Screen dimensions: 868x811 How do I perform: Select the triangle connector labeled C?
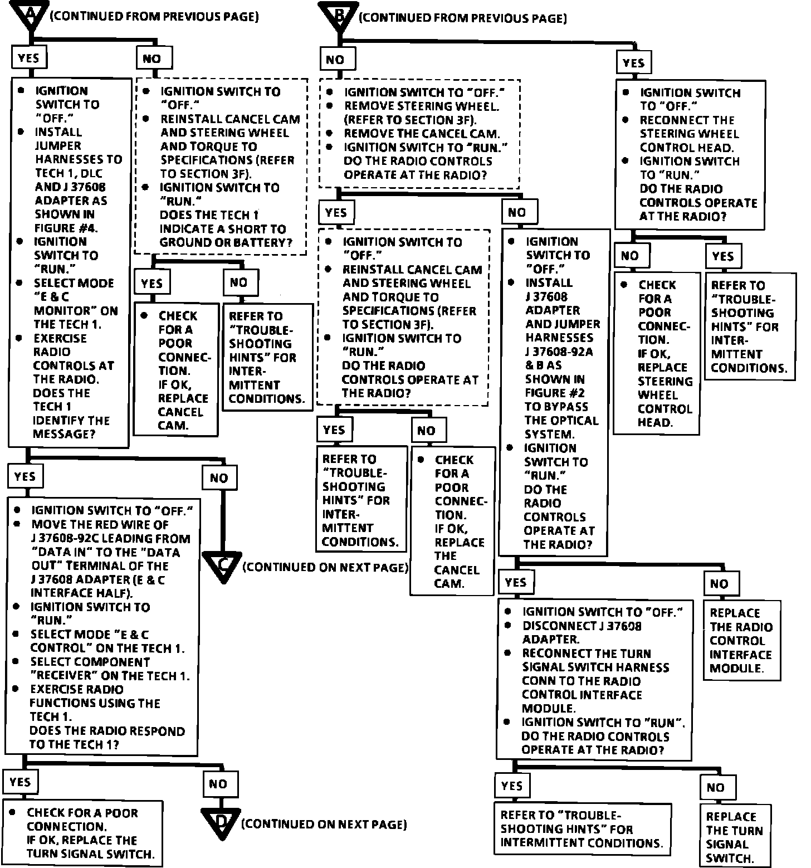coord(223,565)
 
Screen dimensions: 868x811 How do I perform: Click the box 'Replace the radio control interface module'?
coord(740,640)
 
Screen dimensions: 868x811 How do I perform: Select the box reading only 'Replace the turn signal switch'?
coord(734,837)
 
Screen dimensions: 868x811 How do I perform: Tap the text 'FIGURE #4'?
coord(62,228)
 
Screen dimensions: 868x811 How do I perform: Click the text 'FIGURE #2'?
coord(553,393)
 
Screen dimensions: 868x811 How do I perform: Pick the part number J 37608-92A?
coord(559,352)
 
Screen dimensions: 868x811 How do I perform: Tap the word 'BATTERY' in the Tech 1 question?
coord(265,242)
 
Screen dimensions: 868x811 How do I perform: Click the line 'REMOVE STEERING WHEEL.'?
coord(421,106)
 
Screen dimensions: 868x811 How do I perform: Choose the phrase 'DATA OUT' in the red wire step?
coord(154,553)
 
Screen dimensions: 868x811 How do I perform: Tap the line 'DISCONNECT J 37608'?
coord(582,626)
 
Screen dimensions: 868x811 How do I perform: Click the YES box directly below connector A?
coord(29,58)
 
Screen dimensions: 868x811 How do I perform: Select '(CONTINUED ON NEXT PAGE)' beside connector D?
coord(324,824)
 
